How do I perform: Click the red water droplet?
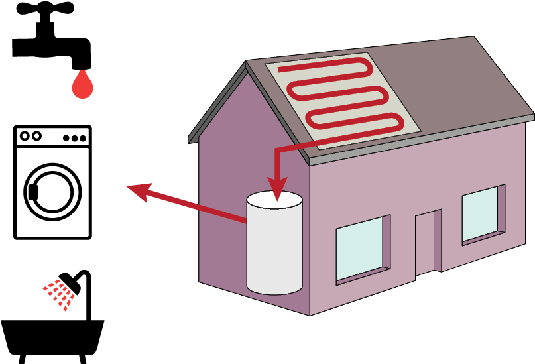pyautogui.click(x=82, y=86)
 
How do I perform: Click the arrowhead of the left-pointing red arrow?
pyautogui.click(x=138, y=190)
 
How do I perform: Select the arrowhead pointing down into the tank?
pyautogui.click(x=276, y=188)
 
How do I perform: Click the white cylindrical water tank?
pyautogui.click(x=274, y=249)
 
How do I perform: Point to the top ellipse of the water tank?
pyautogui.click(x=274, y=200)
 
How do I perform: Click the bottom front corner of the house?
pyautogui.click(x=310, y=314)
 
